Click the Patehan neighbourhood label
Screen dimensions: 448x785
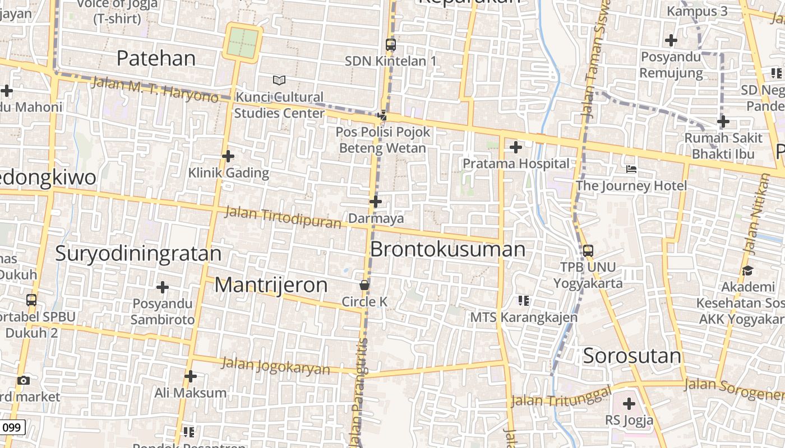[x=156, y=58]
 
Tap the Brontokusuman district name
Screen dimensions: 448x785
[x=448, y=249]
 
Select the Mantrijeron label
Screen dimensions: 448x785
[x=271, y=285]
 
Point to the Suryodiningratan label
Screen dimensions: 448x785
[x=138, y=254]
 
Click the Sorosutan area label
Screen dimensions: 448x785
[x=632, y=356]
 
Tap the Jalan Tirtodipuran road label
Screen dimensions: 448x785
[x=283, y=217]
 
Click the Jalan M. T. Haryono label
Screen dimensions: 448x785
[x=154, y=90]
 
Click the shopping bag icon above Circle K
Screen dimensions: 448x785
[x=364, y=285]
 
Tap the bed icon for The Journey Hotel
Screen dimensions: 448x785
[x=631, y=169]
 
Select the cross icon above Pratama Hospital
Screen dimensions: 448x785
[x=515, y=147]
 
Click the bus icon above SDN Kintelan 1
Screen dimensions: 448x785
[x=391, y=44]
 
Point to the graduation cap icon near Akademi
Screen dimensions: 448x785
[x=747, y=271]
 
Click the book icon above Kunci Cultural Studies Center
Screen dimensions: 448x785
[x=279, y=81]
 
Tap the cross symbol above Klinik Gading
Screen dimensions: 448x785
[x=228, y=156]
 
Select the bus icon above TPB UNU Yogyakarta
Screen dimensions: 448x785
[x=588, y=250]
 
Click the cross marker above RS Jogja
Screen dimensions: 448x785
[x=629, y=403]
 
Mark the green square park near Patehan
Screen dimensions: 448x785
[x=243, y=41]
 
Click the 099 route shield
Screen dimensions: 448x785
[x=12, y=428]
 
